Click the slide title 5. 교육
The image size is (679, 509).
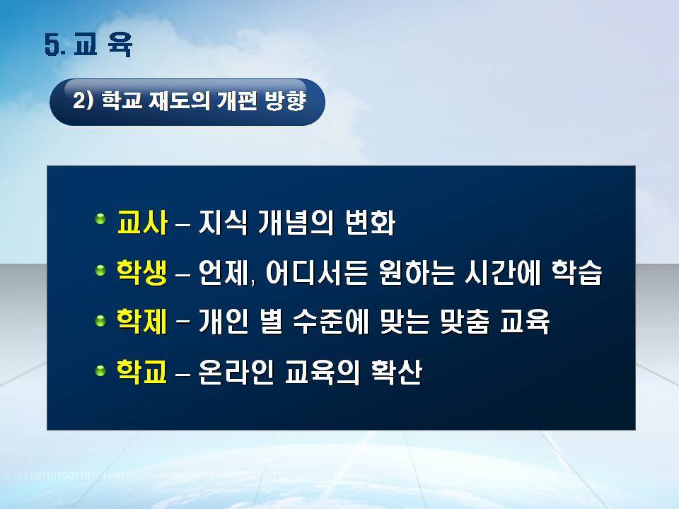click(x=88, y=45)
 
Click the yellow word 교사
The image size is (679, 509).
click(x=142, y=223)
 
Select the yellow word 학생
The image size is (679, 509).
click(x=142, y=273)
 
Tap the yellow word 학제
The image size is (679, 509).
click(x=142, y=322)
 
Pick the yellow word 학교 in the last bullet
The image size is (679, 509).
click(x=142, y=371)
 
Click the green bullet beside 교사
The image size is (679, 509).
click(x=100, y=218)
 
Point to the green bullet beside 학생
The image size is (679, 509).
click(x=100, y=271)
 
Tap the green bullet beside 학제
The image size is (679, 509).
click(x=100, y=321)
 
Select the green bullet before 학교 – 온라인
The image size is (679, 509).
click(x=100, y=370)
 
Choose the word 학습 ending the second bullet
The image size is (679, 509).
click(x=577, y=273)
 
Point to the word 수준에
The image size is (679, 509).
click(x=331, y=322)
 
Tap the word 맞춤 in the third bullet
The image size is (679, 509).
click(x=465, y=322)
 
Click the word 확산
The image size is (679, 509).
click(x=397, y=371)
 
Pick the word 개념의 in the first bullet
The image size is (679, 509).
click(x=296, y=223)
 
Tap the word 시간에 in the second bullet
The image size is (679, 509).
click(x=502, y=273)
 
